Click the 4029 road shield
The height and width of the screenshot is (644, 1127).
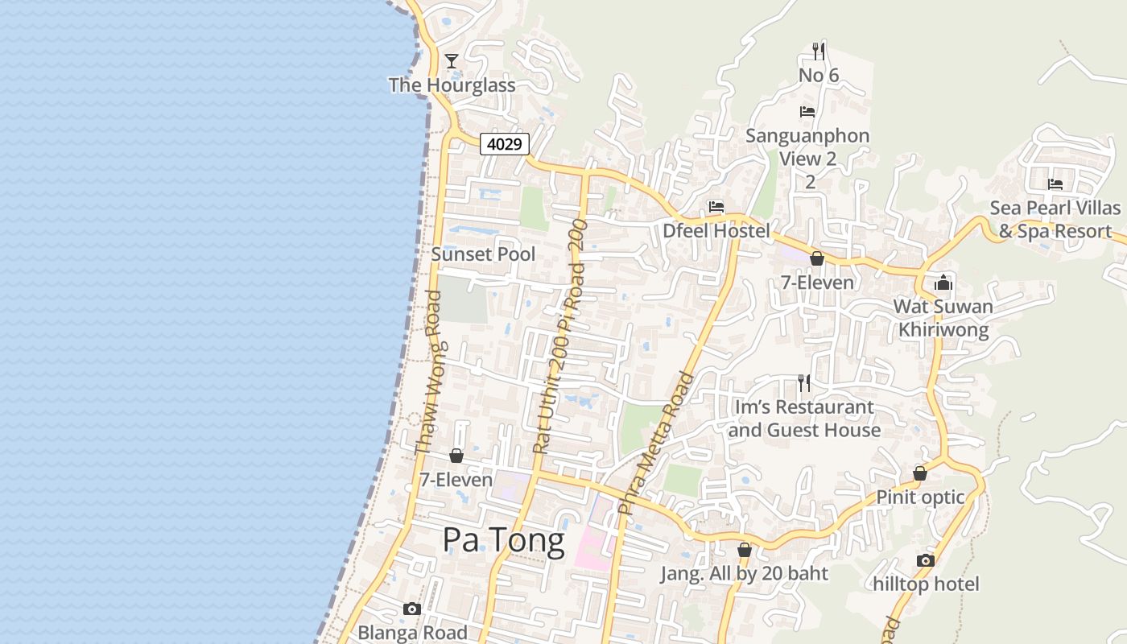pyautogui.click(x=505, y=144)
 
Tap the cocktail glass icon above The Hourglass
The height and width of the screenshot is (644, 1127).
pyautogui.click(x=452, y=61)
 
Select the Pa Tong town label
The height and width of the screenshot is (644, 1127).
pyautogui.click(x=503, y=540)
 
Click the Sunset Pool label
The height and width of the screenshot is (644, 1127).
pyautogui.click(x=483, y=254)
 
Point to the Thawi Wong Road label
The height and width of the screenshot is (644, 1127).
pyautogui.click(x=428, y=372)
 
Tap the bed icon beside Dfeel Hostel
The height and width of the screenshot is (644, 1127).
pyautogui.click(x=716, y=207)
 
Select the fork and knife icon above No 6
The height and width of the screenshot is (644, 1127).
pyautogui.click(x=819, y=52)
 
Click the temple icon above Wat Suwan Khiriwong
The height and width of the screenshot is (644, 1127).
pyautogui.click(x=943, y=283)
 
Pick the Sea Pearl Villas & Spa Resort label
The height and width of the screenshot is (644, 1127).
pyautogui.click(x=1055, y=220)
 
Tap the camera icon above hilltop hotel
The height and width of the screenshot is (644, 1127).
pyautogui.click(x=926, y=560)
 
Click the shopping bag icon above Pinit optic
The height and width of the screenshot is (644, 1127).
pyautogui.click(x=920, y=473)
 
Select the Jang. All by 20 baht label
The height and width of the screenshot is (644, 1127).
pyautogui.click(x=744, y=574)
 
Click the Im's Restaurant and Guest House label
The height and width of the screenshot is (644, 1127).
pyautogui.click(x=804, y=419)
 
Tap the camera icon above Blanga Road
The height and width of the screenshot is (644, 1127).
pyautogui.click(x=412, y=609)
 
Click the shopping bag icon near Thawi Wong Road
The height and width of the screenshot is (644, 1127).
pyautogui.click(x=456, y=456)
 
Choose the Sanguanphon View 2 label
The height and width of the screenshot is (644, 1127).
pyautogui.click(x=807, y=147)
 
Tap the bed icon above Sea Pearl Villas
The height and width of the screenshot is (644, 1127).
pyautogui.click(x=1055, y=184)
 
